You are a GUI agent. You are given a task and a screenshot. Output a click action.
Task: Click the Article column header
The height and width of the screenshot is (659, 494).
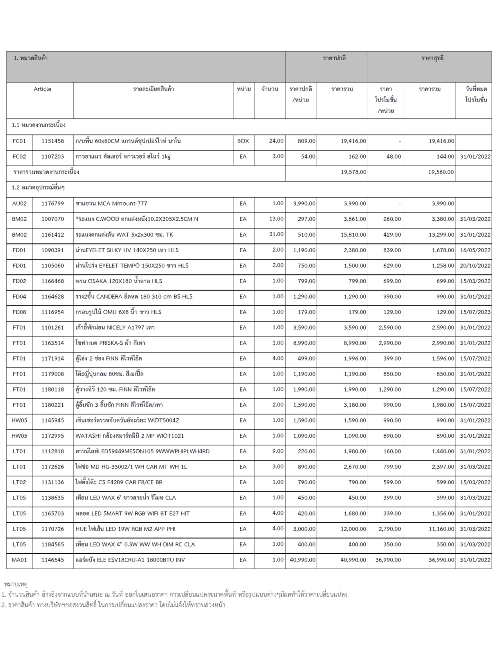pos(42,89)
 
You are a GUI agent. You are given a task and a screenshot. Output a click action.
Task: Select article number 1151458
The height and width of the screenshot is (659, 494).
pos(53,141)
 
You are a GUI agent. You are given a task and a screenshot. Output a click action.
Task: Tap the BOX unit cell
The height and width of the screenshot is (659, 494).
pos(243,141)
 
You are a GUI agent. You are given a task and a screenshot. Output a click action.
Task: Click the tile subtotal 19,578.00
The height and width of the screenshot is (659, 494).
pos(353,172)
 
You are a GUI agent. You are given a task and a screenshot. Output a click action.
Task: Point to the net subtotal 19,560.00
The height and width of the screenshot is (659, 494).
pos(441,172)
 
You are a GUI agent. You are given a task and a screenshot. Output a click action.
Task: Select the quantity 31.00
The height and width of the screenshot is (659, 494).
pos(276,234)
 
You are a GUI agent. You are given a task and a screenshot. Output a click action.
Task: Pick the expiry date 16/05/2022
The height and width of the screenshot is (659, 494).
pos(475,250)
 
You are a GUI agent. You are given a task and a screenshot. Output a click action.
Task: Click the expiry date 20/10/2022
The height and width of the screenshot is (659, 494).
pos(475,265)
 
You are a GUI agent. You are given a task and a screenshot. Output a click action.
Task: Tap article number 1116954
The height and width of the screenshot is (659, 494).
pos(53,312)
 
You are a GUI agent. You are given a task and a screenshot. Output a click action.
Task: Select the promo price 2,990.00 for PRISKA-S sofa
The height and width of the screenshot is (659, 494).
pos(389,343)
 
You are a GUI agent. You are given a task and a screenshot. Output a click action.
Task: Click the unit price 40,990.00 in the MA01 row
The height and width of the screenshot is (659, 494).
pos(302,560)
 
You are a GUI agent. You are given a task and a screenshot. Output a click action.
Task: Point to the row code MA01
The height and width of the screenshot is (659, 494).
pos(19,560)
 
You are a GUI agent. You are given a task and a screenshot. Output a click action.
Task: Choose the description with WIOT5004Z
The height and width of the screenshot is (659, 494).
pos(127,420)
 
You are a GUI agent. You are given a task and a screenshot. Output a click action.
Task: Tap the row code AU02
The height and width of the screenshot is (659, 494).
pos(19,203)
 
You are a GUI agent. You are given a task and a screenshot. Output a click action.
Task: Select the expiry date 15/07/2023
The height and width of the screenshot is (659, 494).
pos(475,312)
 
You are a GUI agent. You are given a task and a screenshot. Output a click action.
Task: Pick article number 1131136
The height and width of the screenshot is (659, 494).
pos(53,482)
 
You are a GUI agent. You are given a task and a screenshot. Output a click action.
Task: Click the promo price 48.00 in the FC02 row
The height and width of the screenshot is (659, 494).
pos(393,156)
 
